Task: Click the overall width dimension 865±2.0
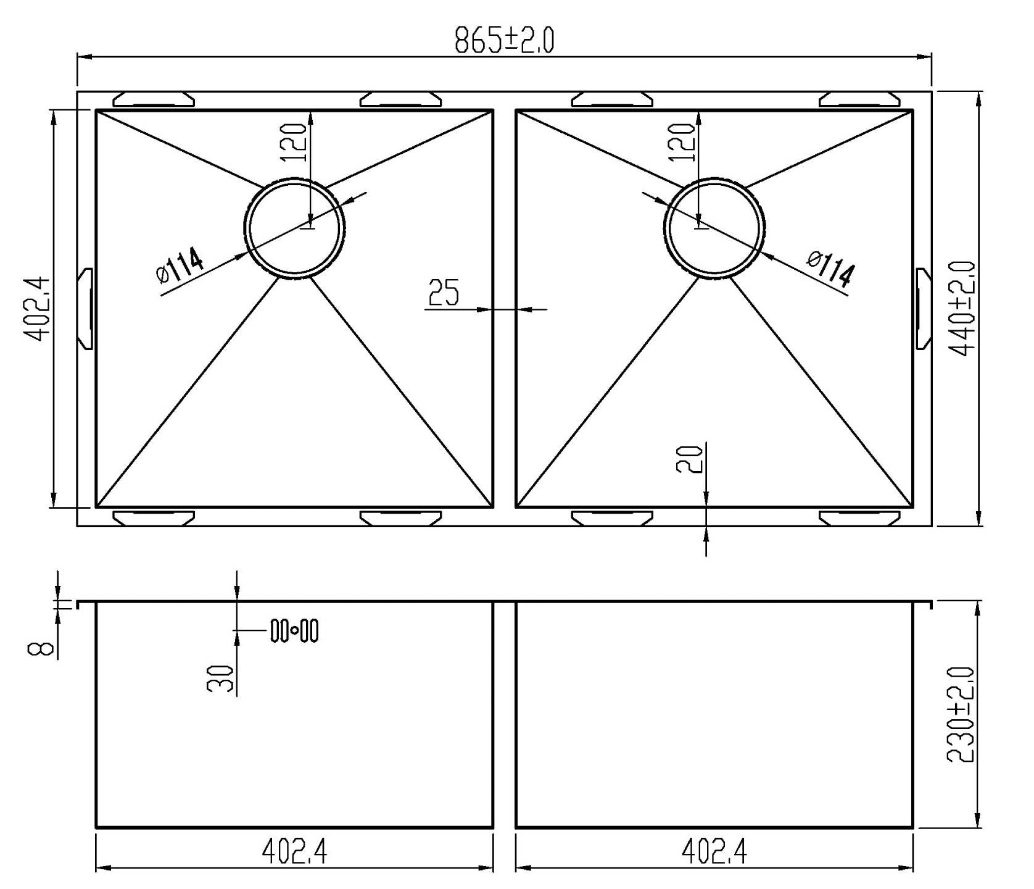504,40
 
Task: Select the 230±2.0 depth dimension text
961,714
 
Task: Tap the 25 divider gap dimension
444,293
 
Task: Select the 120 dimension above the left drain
294,142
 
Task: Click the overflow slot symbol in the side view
294,631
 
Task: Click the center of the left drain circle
294,229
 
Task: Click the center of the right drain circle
714,229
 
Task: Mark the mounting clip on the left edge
86,309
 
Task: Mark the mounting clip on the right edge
922,309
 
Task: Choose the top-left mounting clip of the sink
154,99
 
